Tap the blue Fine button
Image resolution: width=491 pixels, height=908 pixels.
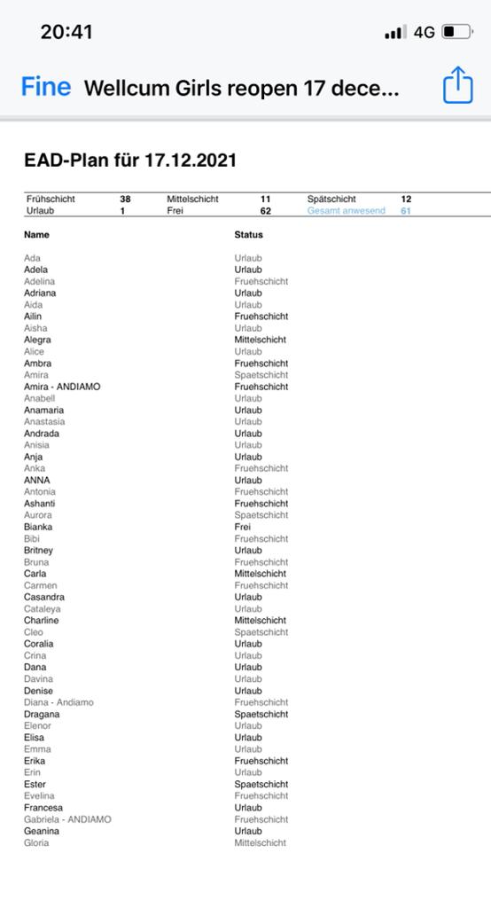[46, 87]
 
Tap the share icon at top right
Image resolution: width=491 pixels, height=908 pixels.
[457, 86]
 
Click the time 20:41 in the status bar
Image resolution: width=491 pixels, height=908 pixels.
[66, 32]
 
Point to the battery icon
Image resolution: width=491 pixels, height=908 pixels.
[457, 32]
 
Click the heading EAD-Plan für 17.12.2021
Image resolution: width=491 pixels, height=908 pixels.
[130, 160]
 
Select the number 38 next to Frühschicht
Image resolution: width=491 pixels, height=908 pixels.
[125, 200]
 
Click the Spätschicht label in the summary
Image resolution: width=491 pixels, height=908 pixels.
[331, 200]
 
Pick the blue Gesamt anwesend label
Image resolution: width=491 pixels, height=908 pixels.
[346, 211]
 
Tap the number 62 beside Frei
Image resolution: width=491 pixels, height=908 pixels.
[265, 211]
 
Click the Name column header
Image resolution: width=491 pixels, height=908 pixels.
[36, 235]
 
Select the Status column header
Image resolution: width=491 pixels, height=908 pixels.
[248, 235]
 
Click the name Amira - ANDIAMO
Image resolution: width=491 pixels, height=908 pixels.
[62, 387]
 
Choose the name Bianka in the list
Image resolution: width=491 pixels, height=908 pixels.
[38, 527]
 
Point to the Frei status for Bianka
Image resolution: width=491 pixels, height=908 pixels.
[242, 527]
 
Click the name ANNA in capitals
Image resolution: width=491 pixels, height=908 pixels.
[37, 480]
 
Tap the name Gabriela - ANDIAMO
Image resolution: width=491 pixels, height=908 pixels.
[67, 819]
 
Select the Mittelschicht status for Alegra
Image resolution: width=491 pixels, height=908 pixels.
[260, 340]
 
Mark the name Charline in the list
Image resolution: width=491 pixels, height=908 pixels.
[42, 621]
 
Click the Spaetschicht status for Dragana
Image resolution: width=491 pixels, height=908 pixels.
[261, 714]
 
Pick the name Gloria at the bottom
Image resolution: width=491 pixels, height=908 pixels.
[36, 842]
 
